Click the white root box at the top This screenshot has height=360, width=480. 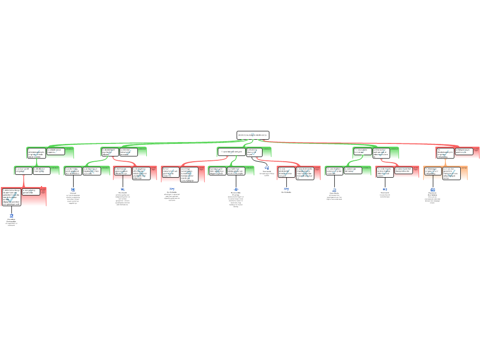253,135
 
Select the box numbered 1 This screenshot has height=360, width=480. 36,153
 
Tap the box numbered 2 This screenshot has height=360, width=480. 23,170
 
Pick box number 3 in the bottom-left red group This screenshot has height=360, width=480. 11,197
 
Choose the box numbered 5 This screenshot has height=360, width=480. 73,171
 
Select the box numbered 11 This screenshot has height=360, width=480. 362,151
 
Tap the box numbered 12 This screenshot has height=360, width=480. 334,170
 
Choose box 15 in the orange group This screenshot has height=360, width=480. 433,172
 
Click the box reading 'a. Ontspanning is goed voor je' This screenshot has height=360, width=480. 464,151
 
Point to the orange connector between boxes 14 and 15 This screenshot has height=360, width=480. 445,162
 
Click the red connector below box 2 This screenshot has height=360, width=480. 23,181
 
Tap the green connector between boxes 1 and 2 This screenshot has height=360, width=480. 36,162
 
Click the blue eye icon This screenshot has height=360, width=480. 236,189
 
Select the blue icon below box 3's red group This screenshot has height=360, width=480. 12,216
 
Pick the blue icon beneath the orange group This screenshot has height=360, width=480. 433,189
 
